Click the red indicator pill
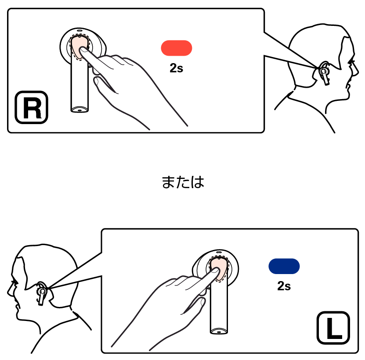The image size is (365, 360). [177, 48]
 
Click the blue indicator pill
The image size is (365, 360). [284, 266]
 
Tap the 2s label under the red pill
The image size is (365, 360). [177, 68]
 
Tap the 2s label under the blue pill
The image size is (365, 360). [284, 286]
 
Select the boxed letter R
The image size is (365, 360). [32, 107]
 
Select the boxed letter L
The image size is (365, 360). [333, 328]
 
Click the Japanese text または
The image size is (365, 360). [183, 182]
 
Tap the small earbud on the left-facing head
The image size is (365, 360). [42, 293]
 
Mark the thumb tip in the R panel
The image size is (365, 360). [96, 81]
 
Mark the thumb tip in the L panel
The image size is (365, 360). [202, 301]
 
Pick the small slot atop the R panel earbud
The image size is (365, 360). [80, 30]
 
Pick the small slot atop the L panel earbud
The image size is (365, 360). [219, 252]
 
